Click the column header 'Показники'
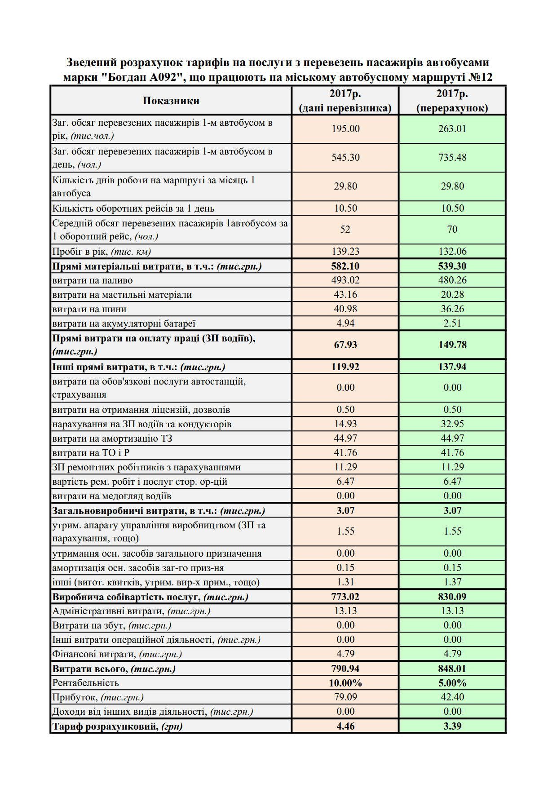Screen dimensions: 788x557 coord(171,101)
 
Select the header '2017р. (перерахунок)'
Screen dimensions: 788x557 coord(452,101)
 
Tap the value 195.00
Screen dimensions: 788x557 coord(345,129)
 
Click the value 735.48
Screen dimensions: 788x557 coord(452,158)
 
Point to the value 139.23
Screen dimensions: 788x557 coord(345,252)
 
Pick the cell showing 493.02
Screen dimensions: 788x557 coord(345,280)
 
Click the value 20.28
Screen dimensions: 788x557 coord(452,295)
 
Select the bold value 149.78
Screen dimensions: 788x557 coord(452,345)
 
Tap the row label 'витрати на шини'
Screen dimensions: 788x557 coord(89,309)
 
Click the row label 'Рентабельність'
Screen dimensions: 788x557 coord(86,683)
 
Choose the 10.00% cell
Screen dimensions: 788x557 coord(345,683)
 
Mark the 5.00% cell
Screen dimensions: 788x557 coord(452,683)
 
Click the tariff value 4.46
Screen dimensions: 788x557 coord(345,726)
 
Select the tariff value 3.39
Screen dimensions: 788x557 coord(452,726)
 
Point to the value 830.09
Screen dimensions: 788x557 coord(452,597)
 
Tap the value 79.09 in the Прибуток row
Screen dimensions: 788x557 coord(345,697)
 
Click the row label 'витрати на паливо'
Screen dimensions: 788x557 coord(93,280)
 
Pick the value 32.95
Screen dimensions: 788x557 coord(452,424)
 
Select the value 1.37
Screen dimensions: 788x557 coord(452,582)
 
